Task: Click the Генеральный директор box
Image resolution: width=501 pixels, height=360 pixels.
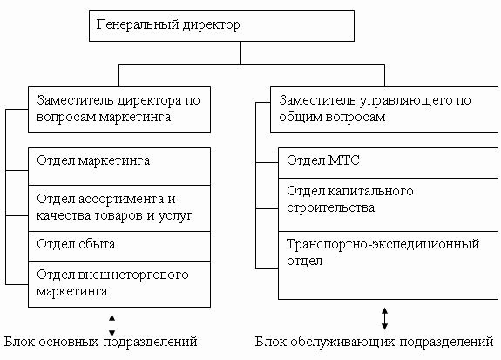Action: click(221, 26)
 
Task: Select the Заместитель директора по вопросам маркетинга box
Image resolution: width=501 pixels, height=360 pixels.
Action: click(119, 110)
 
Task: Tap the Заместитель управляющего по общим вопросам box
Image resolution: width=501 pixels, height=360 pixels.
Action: click(384, 110)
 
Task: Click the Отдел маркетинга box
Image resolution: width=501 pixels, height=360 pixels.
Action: click(119, 166)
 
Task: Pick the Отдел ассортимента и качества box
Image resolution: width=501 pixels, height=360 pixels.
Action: click(119, 208)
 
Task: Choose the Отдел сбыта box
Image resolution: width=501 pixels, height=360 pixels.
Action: click(119, 246)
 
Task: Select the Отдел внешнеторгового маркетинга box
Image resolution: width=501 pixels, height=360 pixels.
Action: click(119, 284)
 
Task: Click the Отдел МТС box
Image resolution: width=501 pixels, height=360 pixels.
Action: click(388, 163)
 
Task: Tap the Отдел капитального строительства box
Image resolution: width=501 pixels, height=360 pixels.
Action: click(388, 205)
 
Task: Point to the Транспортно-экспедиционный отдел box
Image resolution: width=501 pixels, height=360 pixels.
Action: click(388, 265)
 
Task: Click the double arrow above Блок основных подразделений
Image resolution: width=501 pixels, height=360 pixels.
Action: click(112, 325)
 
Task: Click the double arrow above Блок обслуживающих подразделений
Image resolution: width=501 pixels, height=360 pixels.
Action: click(385, 319)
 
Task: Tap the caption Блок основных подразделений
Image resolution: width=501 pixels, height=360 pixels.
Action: click(101, 342)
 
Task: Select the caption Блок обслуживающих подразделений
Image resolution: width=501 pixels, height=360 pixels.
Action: click(374, 342)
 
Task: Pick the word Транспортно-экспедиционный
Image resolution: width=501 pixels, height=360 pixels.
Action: click(383, 244)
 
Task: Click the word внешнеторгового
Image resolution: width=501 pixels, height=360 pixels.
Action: click(133, 275)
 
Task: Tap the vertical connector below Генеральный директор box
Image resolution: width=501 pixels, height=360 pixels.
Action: click(240, 53)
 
